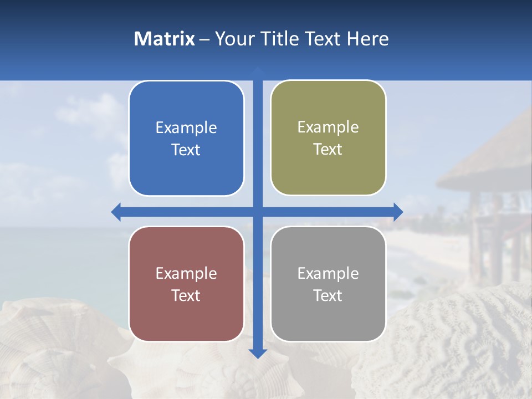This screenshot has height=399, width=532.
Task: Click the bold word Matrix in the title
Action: pos(165,39)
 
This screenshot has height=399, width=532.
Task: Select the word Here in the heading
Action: pos(368,39)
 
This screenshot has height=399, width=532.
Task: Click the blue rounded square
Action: pos(186,139)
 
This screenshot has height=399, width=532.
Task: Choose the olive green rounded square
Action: pos(328,138)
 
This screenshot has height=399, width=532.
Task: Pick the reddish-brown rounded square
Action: pos(186,284)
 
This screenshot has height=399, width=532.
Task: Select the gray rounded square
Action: pos(328,284)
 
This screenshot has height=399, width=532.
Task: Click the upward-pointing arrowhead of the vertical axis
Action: pos(258,71)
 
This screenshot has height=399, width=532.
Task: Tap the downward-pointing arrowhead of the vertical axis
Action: pos(258,353)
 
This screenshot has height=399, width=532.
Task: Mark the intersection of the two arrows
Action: pos(258,212)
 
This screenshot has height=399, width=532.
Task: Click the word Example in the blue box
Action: pos(186,128)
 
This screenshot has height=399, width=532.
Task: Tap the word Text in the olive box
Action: pos(328,150)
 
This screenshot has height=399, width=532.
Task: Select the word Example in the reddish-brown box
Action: pos(186,274)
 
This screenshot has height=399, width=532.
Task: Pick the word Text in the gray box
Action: pos(328,295)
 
